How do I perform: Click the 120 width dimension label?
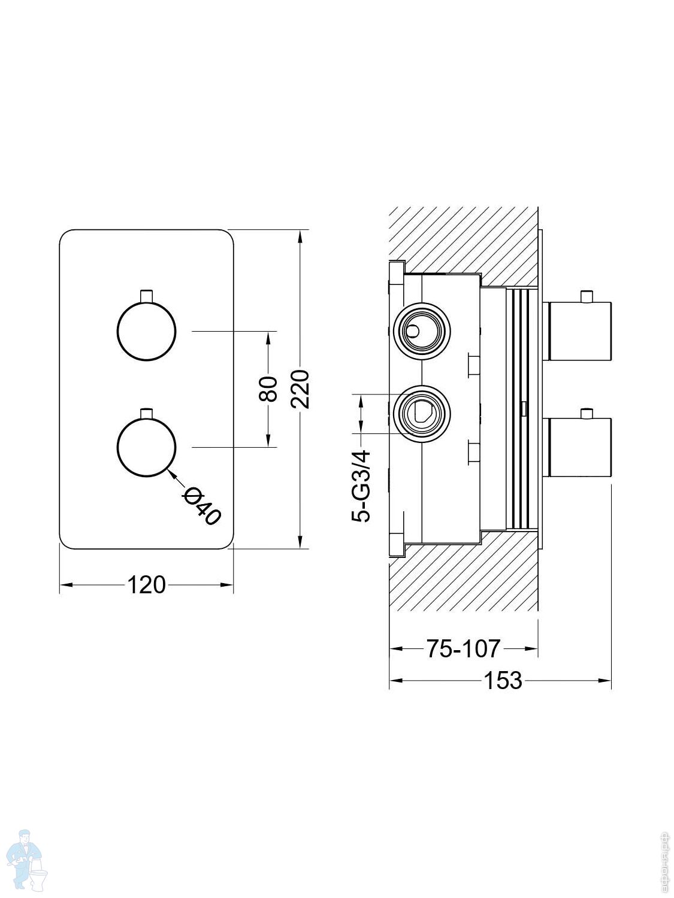(146, 584)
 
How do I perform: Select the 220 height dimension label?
(300, 389)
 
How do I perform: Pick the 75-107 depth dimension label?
(463, 648)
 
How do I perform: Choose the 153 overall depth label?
(503, 680)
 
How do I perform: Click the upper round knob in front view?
(146, 331)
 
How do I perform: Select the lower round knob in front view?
(146, 447)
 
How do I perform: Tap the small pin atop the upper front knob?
(146, 296)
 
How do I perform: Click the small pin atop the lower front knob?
(146, 412)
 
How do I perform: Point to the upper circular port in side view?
(421, 330)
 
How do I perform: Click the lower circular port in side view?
(421, 414)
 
